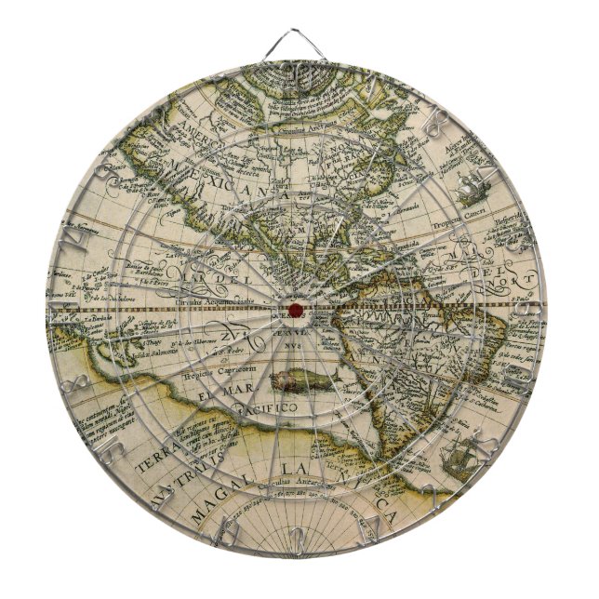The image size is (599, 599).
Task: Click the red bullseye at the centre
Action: coord(296,309)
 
